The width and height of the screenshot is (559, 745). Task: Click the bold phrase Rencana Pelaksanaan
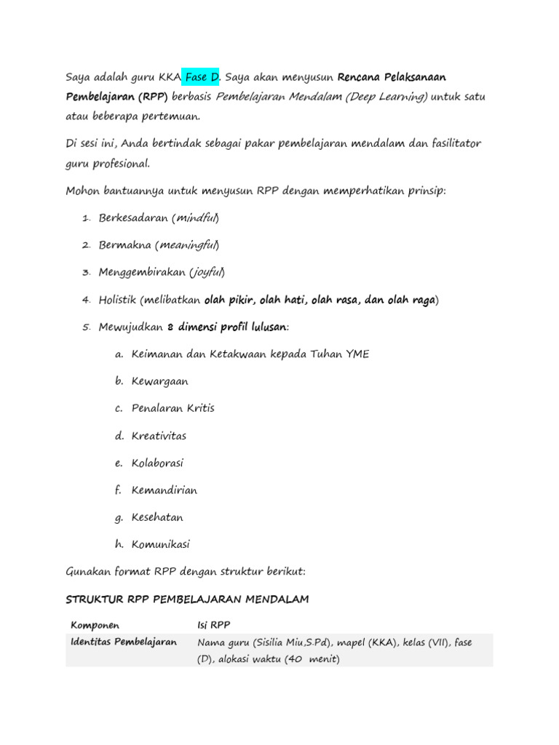coord(392,77)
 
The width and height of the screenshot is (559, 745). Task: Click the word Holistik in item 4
coord(118,300)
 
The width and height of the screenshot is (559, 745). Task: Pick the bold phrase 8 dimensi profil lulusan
coord(227,327)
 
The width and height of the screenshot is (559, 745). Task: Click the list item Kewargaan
coord(160,381)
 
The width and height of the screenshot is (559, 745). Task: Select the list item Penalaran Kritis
coord(173,408)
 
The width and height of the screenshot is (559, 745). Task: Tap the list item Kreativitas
coord(159,436)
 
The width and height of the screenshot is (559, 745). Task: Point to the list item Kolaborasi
coord(158,463)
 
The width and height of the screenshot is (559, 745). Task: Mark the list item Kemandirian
coord(164,490)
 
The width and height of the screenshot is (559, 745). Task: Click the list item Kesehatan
coord(157,517)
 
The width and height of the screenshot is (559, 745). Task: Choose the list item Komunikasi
coord(161,544)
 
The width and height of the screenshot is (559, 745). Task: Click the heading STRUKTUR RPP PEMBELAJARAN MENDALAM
coord(187,599)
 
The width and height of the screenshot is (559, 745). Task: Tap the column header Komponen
coord(95,625)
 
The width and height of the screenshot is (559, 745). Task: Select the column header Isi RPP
coord(214,625)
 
